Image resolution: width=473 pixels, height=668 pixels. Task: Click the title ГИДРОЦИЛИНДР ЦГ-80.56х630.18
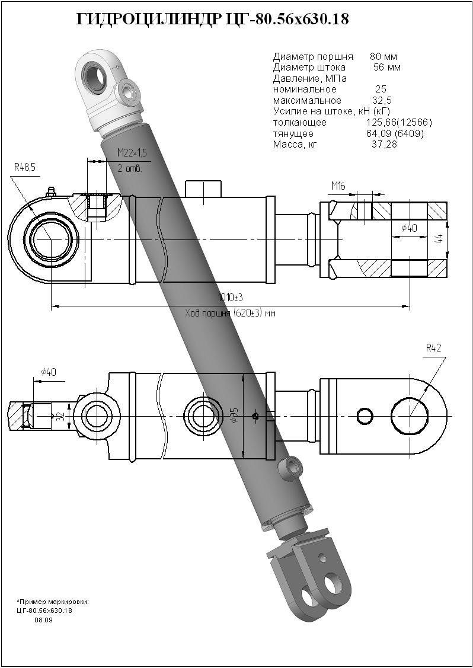coord(213,20)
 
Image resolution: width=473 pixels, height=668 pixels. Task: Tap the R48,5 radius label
coord(25,168)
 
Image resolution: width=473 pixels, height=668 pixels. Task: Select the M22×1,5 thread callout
coord(132,153)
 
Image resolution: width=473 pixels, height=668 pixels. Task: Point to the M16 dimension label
coord(338,187)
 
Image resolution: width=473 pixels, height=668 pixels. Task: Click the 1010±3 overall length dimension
coord(231,298)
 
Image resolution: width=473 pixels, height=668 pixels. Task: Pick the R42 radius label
coord(433,349)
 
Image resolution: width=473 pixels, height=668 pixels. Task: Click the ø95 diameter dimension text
coord(235,415)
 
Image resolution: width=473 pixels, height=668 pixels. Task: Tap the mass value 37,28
coord(384,144)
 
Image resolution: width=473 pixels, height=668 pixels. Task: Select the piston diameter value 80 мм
coord(383,57)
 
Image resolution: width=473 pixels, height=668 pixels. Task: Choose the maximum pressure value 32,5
coord(382,100)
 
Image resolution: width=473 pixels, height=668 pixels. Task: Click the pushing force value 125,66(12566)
coord(399,122)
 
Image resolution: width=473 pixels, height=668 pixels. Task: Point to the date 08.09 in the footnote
coord(43,620)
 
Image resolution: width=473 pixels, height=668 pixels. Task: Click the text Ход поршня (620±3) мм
coord(231,313)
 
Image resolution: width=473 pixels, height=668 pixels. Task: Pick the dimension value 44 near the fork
coord(439,238)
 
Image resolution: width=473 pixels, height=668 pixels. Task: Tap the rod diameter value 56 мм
coord(386,68)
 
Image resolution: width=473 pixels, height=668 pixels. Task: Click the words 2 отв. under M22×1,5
coord(130,168)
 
